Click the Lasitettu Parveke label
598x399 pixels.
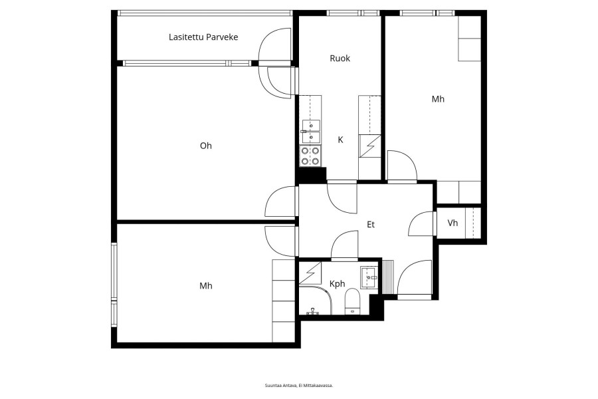[x=203, y=37]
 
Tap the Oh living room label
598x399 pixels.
[x=205, y=146]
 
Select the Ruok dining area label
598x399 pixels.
[x=340, y=58]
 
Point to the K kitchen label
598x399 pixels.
[x=341, y=140]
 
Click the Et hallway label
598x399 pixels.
[x=371, y=225]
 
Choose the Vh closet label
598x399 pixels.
[x=452, y=223]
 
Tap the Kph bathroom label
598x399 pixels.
[x=337, y=284]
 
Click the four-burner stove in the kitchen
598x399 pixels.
[x=310, y=156]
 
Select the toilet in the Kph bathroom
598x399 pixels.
[x=352, y=302]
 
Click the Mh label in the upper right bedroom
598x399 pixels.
[x=438, y=99]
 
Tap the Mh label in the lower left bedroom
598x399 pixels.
[x=205, y=285]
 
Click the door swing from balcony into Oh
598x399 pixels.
[x=280, y=82]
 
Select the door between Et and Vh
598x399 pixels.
[x=422, y=223]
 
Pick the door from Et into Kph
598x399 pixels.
[x=345, y=245]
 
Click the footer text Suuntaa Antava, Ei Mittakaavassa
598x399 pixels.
[x=299, y=385]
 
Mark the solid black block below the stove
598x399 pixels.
[x=312, y=176]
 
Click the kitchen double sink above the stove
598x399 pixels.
[x=311, y=132]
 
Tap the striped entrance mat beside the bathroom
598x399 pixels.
[x=387, y=277]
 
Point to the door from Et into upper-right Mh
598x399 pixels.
[x=402, y=166]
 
